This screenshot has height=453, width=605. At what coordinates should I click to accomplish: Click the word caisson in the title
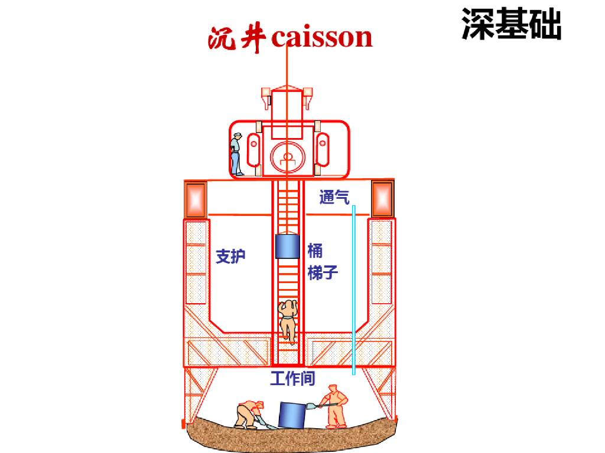click(322, 37)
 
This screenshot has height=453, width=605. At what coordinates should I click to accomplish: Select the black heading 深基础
click(511, 24)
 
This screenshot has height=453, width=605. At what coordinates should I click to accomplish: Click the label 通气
click(334, 197)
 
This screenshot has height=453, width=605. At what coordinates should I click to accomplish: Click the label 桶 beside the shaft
click(315, 251)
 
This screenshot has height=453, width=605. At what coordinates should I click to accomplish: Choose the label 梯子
click(323, 273)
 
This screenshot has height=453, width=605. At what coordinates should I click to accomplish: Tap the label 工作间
click(292, 378)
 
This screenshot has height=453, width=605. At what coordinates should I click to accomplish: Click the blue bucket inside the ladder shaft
click(288, 247)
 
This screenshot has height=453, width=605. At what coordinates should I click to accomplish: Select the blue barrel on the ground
click(292, 415)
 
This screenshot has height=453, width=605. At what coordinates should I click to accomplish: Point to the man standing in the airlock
click(236, 154)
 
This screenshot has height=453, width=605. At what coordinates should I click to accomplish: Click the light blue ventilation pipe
click(353, 289)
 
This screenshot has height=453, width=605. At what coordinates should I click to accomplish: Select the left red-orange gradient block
click(195, 199)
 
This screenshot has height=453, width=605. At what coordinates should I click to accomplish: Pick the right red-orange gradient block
click(382, 199)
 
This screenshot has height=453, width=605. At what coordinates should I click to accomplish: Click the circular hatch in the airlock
click(288, 156)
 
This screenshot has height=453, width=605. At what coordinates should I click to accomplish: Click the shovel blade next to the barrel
click(311, 406)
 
